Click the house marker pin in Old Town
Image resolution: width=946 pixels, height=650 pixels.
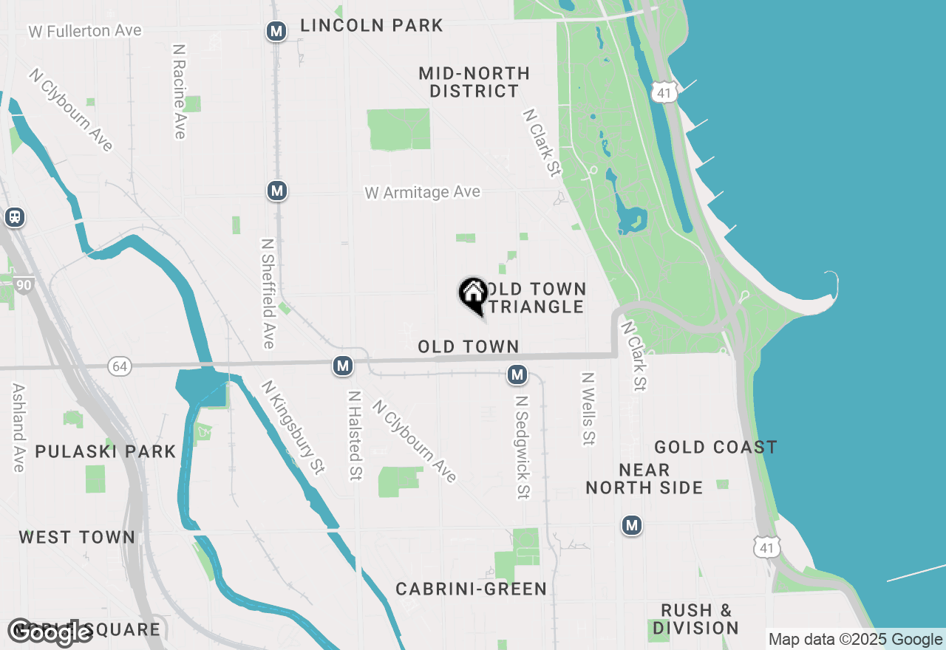coord(473,293)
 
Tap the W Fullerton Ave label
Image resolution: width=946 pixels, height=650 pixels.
coord(85,31)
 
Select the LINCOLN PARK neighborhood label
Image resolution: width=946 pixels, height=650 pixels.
coord(371,26)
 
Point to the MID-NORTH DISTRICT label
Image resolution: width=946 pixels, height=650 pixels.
coord(474,82)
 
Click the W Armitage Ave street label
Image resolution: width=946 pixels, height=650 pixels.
coord(422,193)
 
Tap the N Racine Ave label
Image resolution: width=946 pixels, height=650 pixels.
coord(179,91)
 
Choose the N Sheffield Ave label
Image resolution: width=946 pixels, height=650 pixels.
coord(268,293)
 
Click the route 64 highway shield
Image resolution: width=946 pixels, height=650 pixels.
coord(119,366)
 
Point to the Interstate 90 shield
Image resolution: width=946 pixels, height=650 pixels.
coord(23,284)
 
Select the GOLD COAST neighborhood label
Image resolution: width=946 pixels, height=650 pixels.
coord(715,447)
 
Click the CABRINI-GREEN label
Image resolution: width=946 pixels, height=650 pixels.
coord(472,589)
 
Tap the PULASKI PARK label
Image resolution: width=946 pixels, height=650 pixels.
coord(106,451)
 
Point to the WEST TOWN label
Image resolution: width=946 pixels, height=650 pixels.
coord(77,537)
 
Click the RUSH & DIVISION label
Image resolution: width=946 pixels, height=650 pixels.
coord(696,619)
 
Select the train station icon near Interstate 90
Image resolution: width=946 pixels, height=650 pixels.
coord(14,217)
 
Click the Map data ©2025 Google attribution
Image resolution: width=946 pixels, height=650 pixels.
coord(856,640)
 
